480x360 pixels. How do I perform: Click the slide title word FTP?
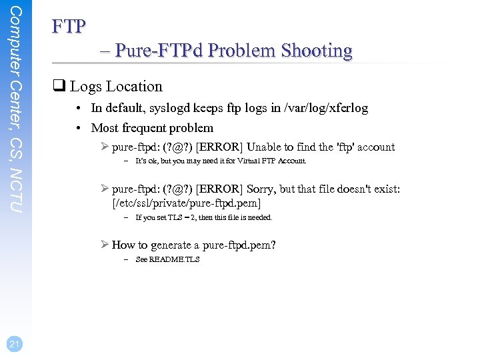[x=69, y=27]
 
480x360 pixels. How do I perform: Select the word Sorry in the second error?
[x=262, y=189]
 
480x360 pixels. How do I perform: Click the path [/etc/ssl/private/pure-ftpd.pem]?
[x=186, y=203]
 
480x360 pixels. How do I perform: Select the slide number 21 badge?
[x=15, y=343]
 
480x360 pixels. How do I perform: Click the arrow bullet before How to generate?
[x=103, y=245]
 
